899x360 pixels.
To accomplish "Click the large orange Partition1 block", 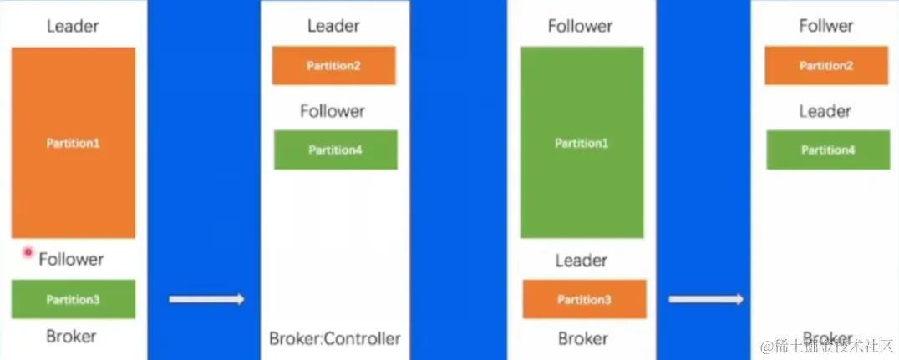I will point(73,143).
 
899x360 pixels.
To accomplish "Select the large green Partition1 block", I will point(582,143).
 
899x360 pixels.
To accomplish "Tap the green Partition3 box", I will point(73,299).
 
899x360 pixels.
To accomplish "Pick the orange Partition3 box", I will point(584,299).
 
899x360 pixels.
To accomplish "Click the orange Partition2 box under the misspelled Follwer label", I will point(826,66).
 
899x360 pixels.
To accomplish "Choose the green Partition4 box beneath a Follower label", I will point(335,150).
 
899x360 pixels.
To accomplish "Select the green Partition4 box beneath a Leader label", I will point(828,150).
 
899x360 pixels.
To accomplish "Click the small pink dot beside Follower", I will point(28,251).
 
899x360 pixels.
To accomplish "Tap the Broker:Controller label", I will point(334,338).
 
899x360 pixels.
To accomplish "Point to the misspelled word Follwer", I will point(825,26).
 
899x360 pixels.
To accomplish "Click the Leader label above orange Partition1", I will point(73,26).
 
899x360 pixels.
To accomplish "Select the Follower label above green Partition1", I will point(581,26).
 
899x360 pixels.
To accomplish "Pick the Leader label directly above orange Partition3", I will point(581,261).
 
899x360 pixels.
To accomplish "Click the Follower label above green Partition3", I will point(71,260).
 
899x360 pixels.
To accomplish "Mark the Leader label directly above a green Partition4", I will point(825,111).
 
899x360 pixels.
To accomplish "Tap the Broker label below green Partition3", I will point(71,337).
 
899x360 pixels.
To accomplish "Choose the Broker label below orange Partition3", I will point(582,338).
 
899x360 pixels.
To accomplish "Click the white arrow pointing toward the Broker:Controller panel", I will point(206,299).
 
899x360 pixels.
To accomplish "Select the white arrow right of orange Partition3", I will point(706,299).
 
